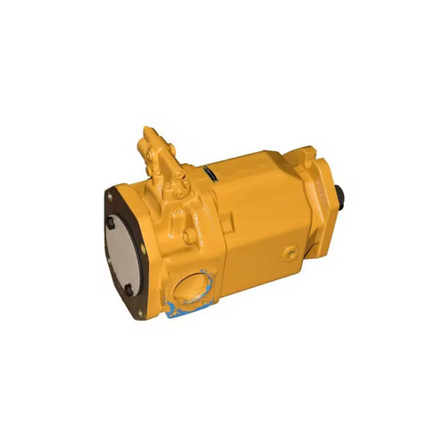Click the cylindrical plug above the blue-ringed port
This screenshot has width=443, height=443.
181,219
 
